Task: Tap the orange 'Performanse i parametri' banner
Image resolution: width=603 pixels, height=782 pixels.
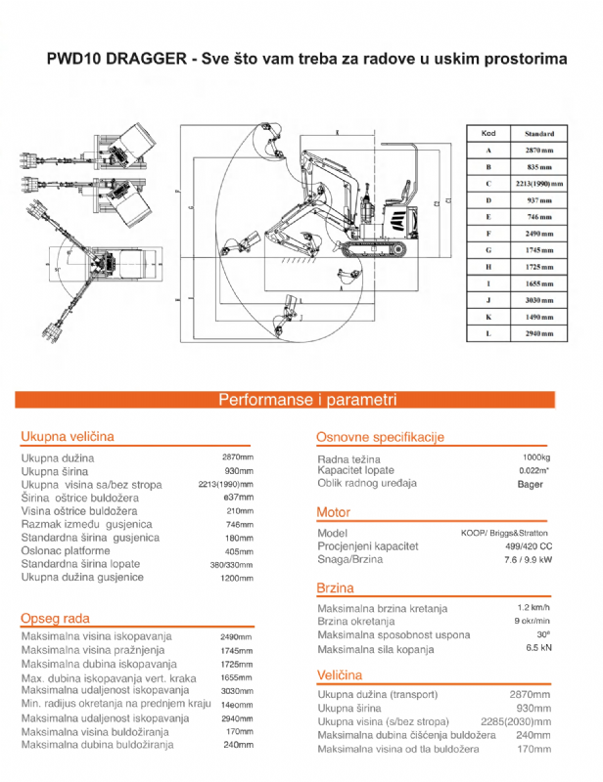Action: tap(306, 400)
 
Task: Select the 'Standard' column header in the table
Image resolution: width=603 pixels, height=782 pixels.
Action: tap(538, 134)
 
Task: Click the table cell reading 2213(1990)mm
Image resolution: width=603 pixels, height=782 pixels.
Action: tap(538, 184)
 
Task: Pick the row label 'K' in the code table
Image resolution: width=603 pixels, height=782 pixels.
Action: tap(487, 317)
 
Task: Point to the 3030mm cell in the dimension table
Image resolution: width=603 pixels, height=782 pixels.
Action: tap(538, 300)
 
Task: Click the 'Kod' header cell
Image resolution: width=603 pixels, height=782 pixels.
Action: tap(487, 134)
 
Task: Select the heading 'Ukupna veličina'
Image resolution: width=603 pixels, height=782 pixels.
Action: tap(68, 436)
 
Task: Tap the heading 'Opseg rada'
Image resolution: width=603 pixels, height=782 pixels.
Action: tap(55, 618)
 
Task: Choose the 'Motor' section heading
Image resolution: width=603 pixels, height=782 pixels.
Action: tap(333, 512)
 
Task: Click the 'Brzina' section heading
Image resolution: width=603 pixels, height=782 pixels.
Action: tap(335, 588)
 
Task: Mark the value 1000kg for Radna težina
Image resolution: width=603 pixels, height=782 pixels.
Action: tap(535, 457)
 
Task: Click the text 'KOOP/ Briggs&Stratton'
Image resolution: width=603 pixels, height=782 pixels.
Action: tap(505, 533)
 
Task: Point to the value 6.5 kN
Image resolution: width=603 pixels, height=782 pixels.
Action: tap(538, 648)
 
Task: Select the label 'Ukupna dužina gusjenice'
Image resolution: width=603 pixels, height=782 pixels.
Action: tap(82, 578)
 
